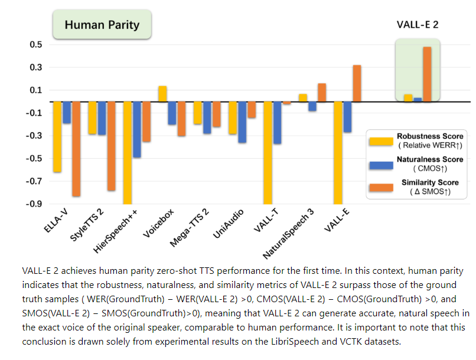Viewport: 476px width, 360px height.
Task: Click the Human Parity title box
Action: click(102, 25)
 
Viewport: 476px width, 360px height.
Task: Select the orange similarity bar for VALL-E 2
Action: click(427, 74)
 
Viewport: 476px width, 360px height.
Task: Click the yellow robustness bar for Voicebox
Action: click(162, 94)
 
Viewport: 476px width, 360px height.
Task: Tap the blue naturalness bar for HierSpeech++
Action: click(136, 129)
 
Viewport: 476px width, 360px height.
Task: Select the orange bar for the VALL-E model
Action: click(357, 83)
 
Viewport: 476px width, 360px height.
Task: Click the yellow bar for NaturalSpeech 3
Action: click(303, 98)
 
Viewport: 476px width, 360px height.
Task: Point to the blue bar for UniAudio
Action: click(242, 122)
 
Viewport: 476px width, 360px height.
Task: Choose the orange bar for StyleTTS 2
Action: click(111, 146)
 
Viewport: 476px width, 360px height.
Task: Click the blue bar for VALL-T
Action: click(277, 123)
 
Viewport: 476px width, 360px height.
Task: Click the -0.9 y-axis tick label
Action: click(34, 204)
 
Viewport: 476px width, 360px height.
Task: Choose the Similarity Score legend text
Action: click(429, 182)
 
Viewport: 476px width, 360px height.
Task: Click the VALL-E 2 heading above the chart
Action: click(417, 25)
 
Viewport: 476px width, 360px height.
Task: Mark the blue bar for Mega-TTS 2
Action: click(207, 117)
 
